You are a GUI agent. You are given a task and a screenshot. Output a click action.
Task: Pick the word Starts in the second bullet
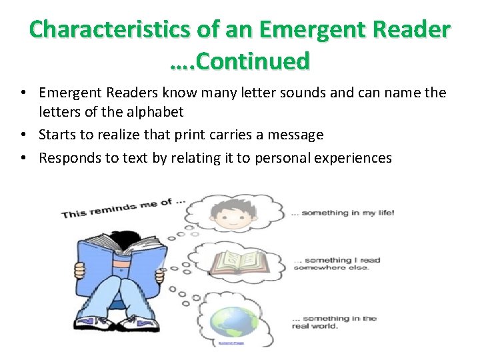pos(57,135)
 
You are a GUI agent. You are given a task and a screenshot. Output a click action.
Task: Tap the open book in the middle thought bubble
pos(239,261)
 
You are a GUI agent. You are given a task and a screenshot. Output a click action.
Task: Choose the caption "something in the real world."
pos(334,322)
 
